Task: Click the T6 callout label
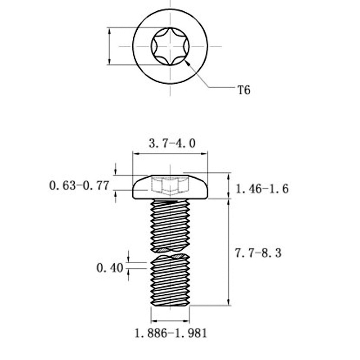(243, 90)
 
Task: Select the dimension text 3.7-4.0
(172, 144)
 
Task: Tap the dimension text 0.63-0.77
(79, 185)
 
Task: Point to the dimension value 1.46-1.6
(262, 189)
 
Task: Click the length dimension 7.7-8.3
(258, 253)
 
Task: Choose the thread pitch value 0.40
(110, 268)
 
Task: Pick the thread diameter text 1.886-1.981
(171, 333)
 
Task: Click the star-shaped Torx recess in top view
(170, 45)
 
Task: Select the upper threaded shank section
(170, 225)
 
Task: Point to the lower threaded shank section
(170, 281)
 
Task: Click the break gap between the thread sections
(170, 253)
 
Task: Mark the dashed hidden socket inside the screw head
(170, 185)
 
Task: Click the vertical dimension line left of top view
(109, 45)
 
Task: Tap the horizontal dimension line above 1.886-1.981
(170, 321)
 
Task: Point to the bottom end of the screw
(170, 306)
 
